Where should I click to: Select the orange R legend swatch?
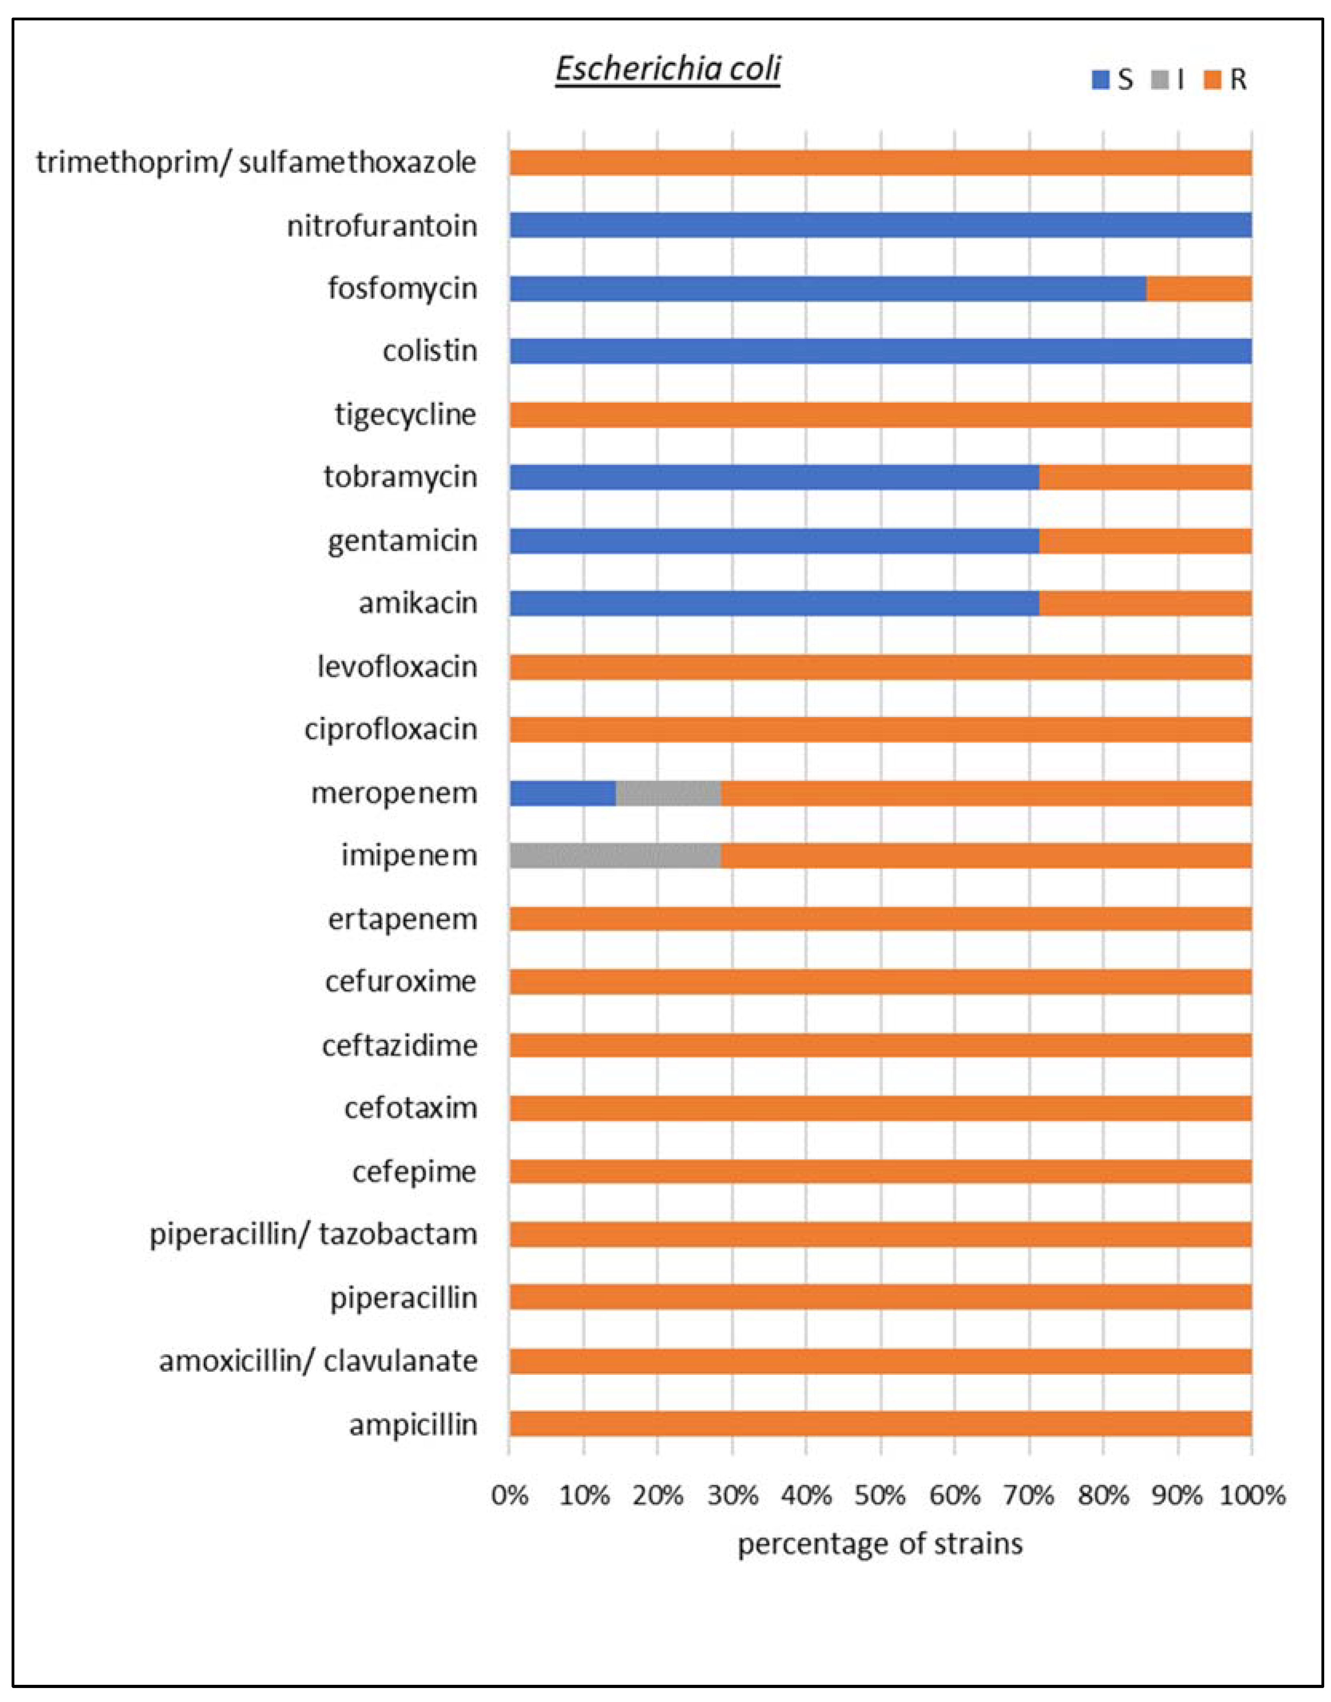coord(1212,79)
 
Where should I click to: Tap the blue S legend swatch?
coord(1100,79)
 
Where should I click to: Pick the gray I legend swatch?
coord(1160,79)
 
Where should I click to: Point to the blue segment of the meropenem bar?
coord(563,793)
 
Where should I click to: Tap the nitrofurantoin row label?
coord(382,226)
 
